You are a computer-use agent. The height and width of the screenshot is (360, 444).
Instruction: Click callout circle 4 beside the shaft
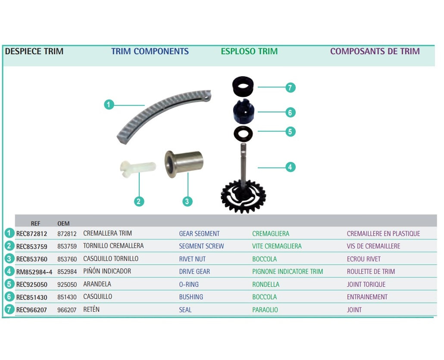291,167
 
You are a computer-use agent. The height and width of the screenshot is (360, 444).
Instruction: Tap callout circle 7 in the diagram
291,87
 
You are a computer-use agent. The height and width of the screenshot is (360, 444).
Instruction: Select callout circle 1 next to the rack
109,104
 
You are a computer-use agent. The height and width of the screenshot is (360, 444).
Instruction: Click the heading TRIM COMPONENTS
150,51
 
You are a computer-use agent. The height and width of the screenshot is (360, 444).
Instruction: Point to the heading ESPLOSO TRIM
249,51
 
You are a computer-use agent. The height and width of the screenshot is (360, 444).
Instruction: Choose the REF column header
36,223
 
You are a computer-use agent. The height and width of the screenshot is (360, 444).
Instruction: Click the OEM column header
63,223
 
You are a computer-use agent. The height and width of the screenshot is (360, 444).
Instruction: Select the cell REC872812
31,233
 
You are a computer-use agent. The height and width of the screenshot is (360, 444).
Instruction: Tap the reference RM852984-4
34,272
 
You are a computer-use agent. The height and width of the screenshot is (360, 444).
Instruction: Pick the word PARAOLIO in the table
265,310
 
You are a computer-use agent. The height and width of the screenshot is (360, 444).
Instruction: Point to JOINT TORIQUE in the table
366,284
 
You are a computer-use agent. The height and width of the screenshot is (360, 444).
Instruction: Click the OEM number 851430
67,297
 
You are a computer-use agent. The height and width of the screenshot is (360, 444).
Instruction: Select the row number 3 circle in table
9,259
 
